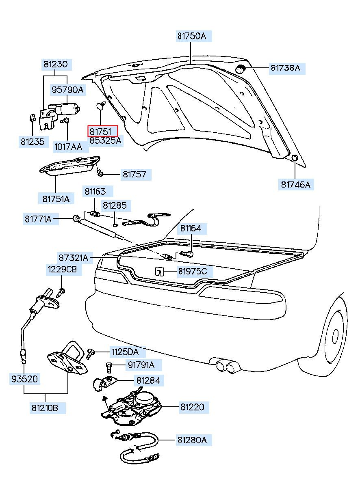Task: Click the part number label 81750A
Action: (x=191, y=36)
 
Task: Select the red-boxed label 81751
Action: (x=103, y=131)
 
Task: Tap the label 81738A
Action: (x=285, y=68)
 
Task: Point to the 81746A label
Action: (x=295, y=185)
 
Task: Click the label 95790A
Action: (x=67, y=90)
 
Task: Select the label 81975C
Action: (x=193, y=271)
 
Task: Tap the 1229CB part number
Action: (x=62, y=269)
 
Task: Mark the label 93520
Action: (x=24, y=379)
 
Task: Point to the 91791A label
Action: (x=141, y=365)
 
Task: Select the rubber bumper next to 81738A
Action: (x=241, y=69)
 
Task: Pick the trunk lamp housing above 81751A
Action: (x=70, y=166)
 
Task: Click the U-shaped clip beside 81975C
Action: (x=160, y=271)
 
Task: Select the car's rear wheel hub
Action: (x=335, y=335)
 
